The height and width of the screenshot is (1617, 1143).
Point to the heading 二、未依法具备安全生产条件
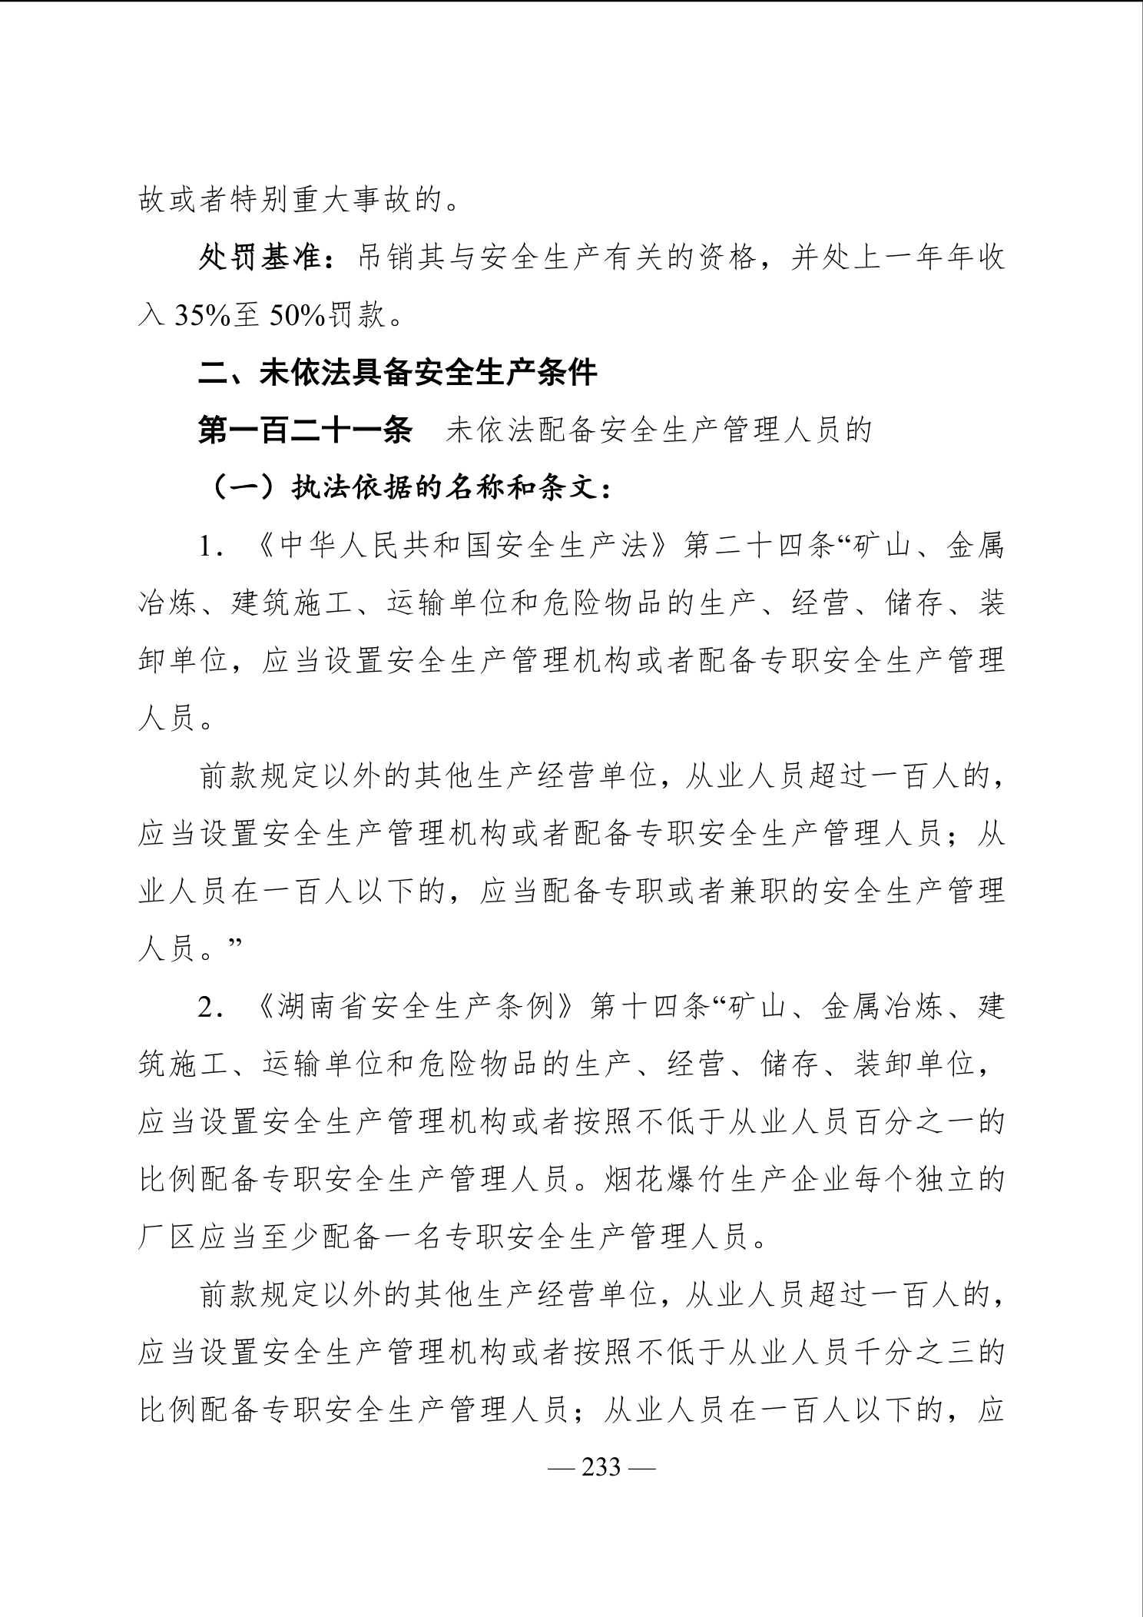coord(398,374)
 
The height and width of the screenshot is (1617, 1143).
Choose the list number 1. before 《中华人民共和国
coord(211,546)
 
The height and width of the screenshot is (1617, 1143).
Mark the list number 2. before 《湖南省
coord(211,1007)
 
